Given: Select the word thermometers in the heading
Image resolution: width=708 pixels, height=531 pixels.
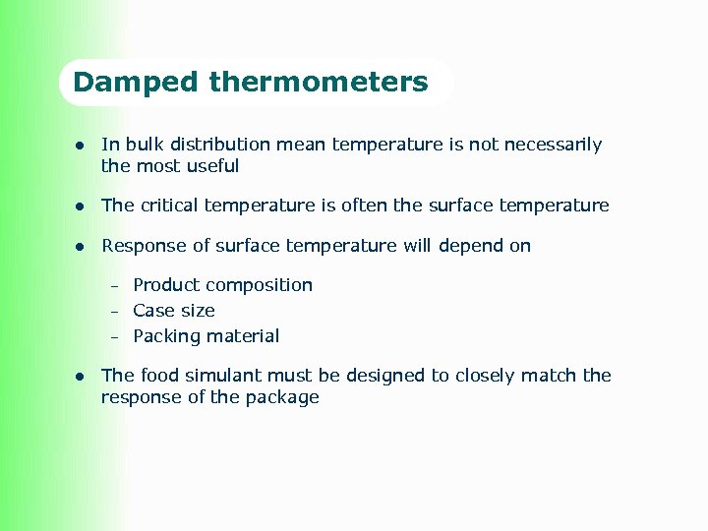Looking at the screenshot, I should tap(318, 82).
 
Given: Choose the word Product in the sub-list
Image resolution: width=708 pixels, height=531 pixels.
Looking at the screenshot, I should tap(164, 285).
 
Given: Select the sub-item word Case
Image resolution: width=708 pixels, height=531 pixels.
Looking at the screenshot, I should tap(152, 311).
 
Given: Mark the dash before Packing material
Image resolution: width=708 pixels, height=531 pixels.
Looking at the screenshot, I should tap(114, 337).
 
